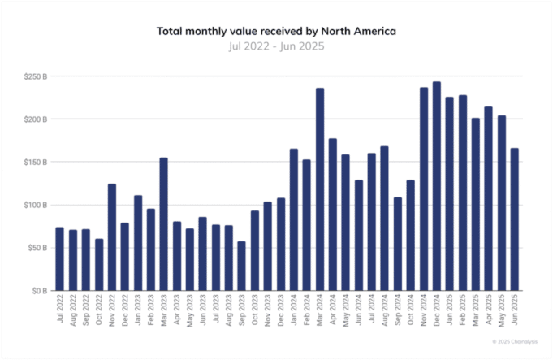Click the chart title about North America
pos(276,31)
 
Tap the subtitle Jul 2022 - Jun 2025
pos(276,46)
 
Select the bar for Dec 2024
pos(436,186)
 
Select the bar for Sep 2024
pos(397,244)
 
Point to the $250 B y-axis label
pos(35,76)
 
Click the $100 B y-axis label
pos(35,205)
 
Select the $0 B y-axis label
pos(40,290)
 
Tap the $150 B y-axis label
pos(35,162)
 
